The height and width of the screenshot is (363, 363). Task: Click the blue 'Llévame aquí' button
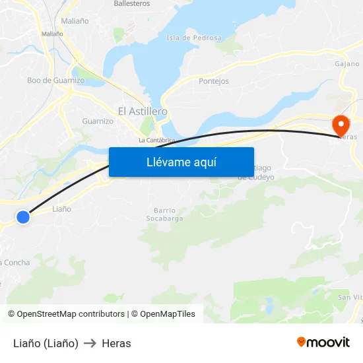tap(181, 162)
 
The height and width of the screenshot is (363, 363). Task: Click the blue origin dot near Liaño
tap(23, 216)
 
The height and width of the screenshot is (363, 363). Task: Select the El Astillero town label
tap(142, 112)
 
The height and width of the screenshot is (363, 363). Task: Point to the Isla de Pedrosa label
tap(194, 38)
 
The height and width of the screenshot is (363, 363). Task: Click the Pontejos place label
tap(214, 81)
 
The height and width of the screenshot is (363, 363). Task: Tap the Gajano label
tap(347, 64)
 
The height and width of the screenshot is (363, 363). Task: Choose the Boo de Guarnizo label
tap(55, 81)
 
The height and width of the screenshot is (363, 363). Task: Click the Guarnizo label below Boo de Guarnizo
tap(98, 121)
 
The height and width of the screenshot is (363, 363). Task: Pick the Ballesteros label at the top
tap(131, 4)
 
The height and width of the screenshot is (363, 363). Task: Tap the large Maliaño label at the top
tap(75, 21)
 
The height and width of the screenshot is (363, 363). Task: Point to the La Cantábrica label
tap(156, 140)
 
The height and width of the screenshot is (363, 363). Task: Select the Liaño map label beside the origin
tap(61, 209)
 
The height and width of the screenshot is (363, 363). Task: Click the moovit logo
tap(323, 342)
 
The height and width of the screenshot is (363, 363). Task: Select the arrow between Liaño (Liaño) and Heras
tap(90, 343)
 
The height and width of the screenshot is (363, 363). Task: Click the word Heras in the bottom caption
tap(116, 343)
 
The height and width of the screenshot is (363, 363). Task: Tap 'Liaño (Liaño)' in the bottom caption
tap(46, 343)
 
